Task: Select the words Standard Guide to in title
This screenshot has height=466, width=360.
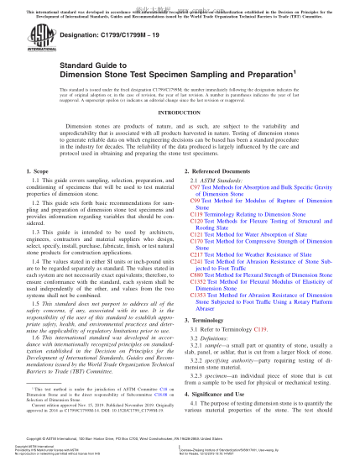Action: (x=81, y=88)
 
